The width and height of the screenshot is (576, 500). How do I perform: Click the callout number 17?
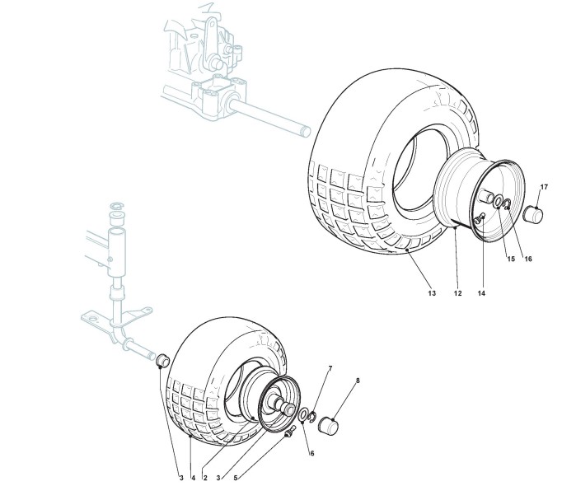click(543, 187)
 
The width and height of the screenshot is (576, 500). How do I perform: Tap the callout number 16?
click(528, 259)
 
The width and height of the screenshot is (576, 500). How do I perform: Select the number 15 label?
click(510, 259)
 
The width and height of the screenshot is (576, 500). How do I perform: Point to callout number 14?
click(480, 292)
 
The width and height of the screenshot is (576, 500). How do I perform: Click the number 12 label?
click(456, 292)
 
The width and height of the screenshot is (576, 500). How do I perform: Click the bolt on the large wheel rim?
click(478, 217)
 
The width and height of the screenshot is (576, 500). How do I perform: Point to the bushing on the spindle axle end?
click(162, 360)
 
